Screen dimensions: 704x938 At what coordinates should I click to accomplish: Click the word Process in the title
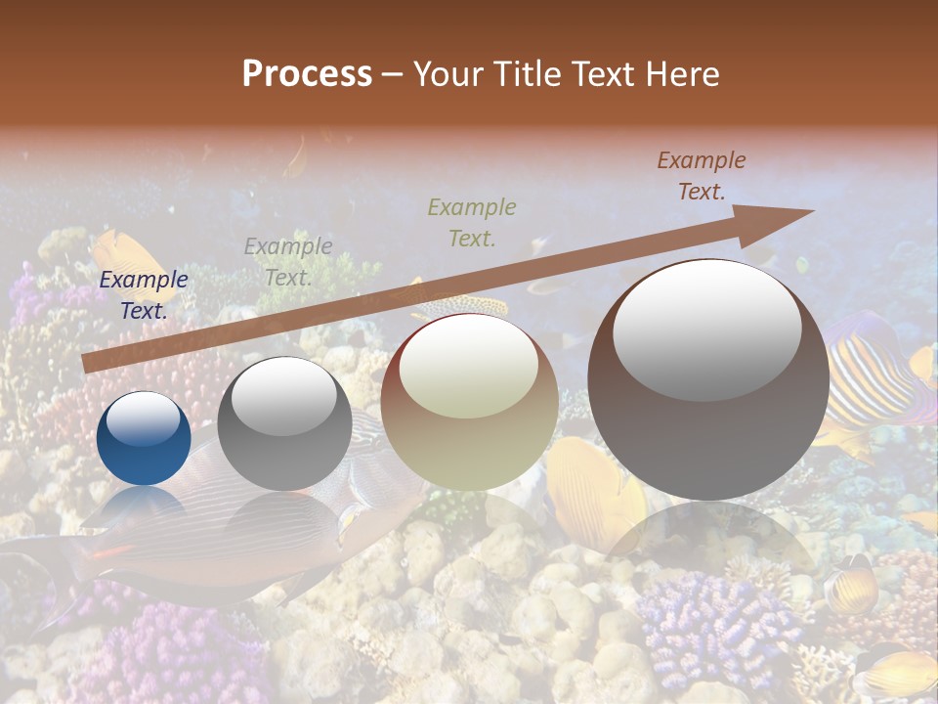coord(307,74)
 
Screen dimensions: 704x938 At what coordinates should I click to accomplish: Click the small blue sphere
coord(144,439)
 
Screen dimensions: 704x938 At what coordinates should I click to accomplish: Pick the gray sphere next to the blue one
coord(284,424)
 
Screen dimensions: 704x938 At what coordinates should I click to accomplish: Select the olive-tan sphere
coord(469,402)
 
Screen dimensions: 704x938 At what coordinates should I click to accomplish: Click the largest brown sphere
coord(708,380)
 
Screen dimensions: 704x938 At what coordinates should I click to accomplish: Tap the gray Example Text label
coord(288,262)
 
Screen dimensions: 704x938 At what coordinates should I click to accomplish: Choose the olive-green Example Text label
coord(472,222)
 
